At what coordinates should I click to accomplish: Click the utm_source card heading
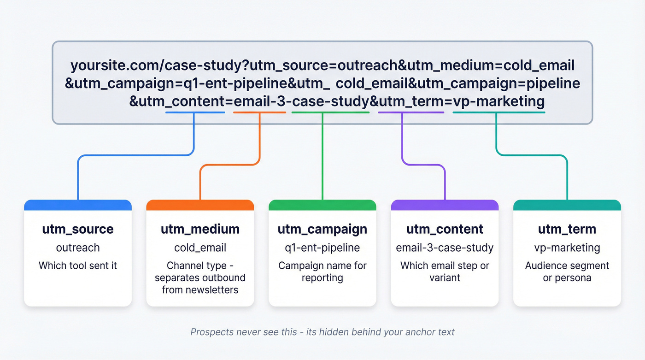pyautogui.click(x=77, y=229)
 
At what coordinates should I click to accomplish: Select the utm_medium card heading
pyautogui.click(x=200, y=229)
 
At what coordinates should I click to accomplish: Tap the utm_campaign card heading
pyautogui.click(x=322, y=229)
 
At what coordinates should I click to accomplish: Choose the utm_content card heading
pyautogui.click(x=445, y=229)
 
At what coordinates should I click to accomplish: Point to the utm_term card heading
pyautogui.click(x=567, y=229)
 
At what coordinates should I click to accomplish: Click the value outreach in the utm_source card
pyautogui.click(x=77, y=248)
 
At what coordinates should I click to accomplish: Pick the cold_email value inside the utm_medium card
pyautogui.click(x=200, y=248)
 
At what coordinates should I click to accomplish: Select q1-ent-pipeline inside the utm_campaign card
pyautogui.click(x=322, y=248)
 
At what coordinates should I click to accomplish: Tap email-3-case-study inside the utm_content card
pyautogui.click(x=445, y=248)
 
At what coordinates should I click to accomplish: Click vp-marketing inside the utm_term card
pyautogui.click(x=567, y=248)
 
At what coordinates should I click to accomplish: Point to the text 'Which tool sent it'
pyautogui.click(x=77, y=266)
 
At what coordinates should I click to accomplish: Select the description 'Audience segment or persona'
pyautogui.click(x=567, y=271)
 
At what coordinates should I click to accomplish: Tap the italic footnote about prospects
pyautogui.click(x=322, y=332)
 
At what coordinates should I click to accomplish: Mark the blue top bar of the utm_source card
pyautogui.click(x=77, y=205)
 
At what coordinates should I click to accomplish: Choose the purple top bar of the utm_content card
pyautogui.click(x=445, y=205)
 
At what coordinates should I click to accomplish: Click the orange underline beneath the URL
pyautogui.click(x=259, y=112)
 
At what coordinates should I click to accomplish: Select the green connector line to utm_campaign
pyautogui.click(x=322, y=157)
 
